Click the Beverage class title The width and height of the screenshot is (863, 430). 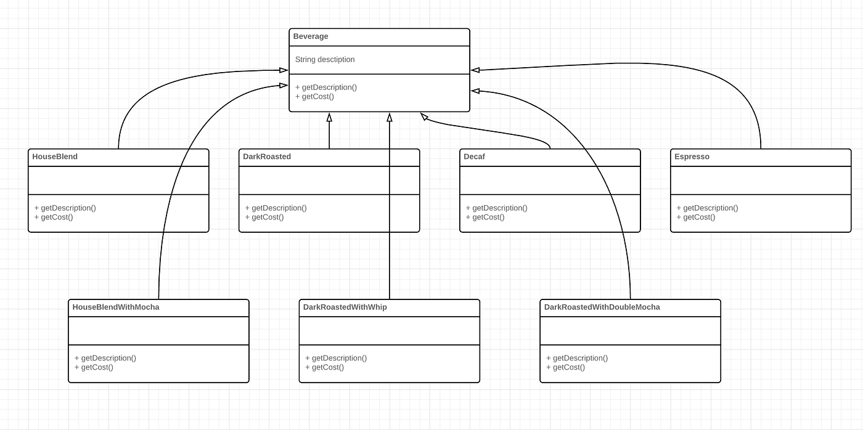311,36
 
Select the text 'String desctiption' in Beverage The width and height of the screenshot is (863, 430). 325,60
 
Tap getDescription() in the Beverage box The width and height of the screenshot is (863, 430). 326,87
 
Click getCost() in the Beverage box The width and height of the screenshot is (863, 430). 315,96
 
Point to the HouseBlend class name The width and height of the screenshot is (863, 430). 55,156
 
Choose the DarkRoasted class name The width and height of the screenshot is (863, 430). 267,156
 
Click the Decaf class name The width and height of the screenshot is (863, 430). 474,156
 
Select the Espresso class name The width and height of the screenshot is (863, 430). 692,156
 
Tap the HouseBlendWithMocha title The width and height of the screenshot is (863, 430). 116,307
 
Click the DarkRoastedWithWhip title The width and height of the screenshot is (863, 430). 345,307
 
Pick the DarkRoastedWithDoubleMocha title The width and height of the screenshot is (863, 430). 602,307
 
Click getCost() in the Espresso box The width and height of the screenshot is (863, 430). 696,217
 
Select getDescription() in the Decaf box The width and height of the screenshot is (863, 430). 496,208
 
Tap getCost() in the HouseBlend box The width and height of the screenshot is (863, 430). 54,217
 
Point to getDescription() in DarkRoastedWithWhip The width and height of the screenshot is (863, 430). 336,358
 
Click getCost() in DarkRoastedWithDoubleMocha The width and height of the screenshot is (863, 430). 565,367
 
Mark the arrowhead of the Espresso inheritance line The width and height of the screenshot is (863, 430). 475,70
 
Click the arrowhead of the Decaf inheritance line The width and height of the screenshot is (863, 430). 424,116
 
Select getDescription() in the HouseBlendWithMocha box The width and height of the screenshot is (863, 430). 105,358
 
